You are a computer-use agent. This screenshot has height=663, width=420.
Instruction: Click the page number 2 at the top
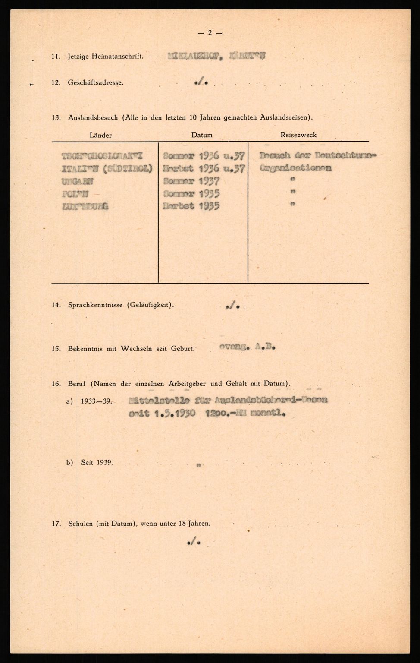tap(210, 33)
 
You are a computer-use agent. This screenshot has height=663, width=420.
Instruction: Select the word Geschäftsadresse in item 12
tap(95, 82)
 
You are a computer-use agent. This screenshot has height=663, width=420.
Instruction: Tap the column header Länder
tap(100, 135)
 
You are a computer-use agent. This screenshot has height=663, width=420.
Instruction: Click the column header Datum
tap(202, 135)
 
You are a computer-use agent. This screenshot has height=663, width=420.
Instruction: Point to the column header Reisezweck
tap(298, 135)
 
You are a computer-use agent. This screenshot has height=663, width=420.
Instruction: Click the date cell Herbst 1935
tap(191, 206)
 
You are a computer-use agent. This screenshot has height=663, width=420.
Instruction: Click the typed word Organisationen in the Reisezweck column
tap(295, 168)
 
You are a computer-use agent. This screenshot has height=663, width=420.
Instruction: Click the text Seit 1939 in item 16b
tap(97, 462)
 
